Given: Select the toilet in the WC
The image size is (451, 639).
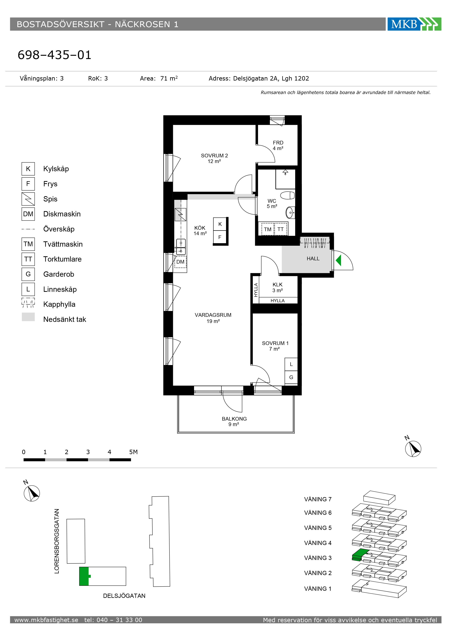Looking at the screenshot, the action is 287,195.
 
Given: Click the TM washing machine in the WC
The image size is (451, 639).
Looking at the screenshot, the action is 268,229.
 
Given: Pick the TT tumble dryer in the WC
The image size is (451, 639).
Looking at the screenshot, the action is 281,229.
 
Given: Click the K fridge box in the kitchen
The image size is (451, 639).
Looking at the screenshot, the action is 220,224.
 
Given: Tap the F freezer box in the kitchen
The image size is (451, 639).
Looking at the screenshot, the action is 220,237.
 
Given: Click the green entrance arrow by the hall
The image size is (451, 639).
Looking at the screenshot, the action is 338,260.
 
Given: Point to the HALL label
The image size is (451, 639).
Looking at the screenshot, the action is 313,258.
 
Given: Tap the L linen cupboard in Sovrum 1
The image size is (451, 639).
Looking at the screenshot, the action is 291,364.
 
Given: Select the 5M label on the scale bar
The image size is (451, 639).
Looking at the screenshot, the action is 133,452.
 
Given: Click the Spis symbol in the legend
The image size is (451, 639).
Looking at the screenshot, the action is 28,199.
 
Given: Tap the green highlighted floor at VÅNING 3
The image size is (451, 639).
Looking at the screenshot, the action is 360,555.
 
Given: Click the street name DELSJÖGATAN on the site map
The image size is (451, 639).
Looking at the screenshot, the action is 124,596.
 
